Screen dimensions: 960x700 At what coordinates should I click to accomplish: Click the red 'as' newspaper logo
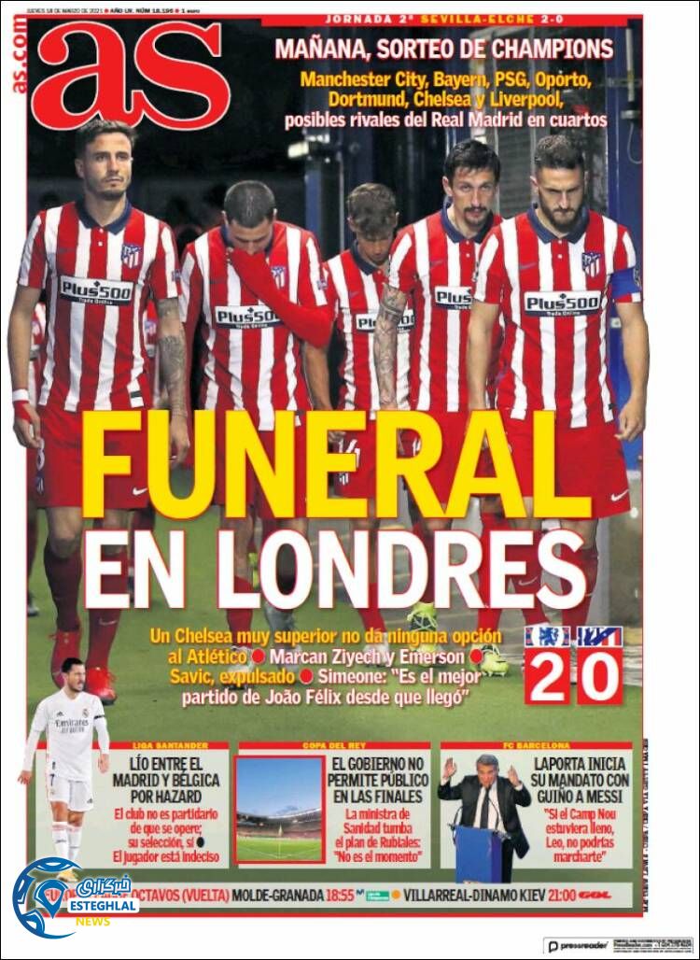pyautogui.click(x=131, y=75)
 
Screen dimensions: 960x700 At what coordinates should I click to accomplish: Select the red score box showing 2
pyautogui.click(x=548, y=675)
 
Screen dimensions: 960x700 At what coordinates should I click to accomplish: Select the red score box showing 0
pyautogui.click(x=599, y=675)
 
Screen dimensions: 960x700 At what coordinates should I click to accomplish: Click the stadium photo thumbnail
pyautogui.click(x=278, y=809)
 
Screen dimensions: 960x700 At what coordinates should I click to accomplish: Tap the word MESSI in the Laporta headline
pyautogui.click(x=599, y=796)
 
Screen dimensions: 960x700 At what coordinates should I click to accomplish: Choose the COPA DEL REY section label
pyautogui.click(x=333, y=746)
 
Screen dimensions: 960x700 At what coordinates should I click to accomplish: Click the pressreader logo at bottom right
pyautogui.click(x=580, y=946)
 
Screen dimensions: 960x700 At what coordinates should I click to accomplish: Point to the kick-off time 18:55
pyautogui.click(x=340, y=895)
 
